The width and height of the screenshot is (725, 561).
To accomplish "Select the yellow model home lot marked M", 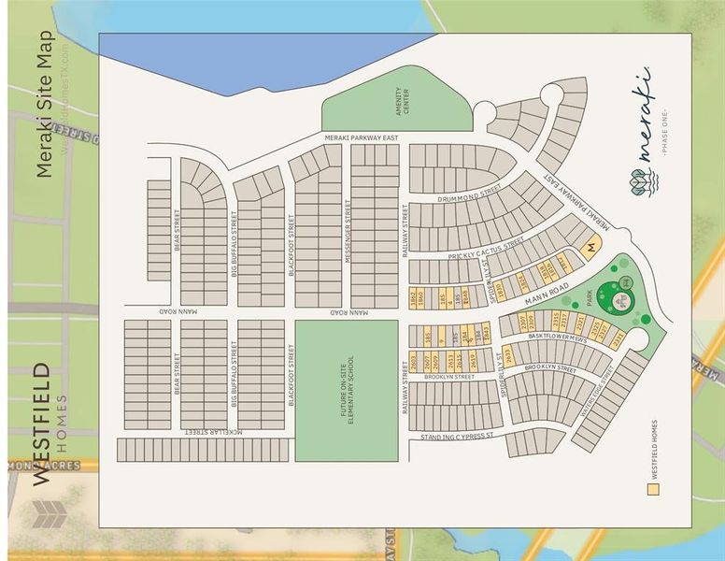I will click(x=590, y=249).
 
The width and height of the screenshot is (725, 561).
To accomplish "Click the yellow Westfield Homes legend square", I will click(x=654, y=487).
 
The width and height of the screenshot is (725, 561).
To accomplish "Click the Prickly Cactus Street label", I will click(x=487, y=249).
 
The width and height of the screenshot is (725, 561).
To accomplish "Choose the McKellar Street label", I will click(x=214, y=432).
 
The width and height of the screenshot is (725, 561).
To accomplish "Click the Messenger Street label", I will click(x=348, y=231).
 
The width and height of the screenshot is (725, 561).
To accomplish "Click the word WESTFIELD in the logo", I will click(x=43, y=425).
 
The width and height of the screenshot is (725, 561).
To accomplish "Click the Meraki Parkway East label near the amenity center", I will click(x=362, y=137).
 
